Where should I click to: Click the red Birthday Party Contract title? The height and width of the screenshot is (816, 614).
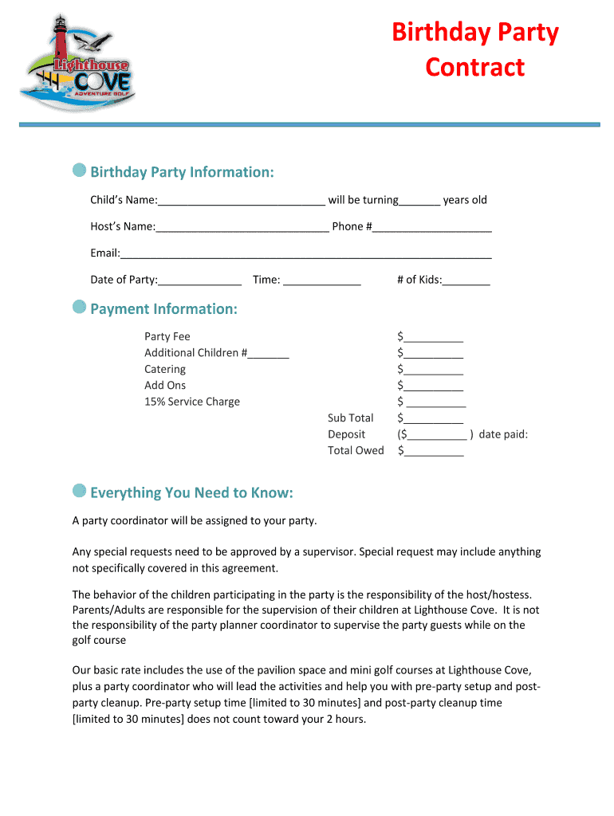click(474, 49)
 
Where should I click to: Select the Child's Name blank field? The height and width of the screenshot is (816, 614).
click(241, 201)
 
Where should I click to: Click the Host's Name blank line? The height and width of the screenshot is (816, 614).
click(242, 227)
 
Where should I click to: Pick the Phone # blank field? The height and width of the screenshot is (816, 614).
click(431, 227)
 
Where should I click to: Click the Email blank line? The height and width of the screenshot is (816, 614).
click(305, 254)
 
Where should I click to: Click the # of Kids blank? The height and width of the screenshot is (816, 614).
click(466, 280)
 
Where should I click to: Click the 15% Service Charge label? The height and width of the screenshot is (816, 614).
click(191, 402)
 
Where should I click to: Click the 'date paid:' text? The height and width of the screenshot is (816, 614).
click(503, 434)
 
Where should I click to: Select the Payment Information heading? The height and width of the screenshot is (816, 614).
click(163, 309)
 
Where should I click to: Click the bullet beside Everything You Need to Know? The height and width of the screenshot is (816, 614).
click(79, 490)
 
